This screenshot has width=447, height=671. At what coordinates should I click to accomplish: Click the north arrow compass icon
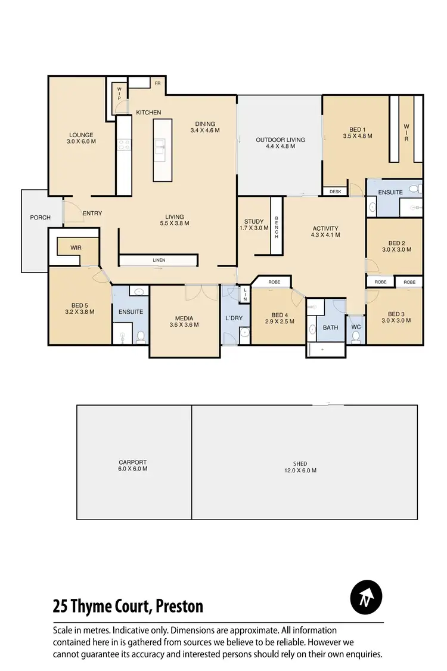367,596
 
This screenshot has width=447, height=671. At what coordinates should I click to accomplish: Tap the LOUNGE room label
82,135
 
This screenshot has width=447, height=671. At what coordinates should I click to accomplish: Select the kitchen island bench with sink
163,150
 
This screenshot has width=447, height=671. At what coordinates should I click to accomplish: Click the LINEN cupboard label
159,261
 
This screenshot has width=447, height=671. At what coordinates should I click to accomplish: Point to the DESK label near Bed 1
334,191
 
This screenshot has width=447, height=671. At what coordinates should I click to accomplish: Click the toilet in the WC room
356,337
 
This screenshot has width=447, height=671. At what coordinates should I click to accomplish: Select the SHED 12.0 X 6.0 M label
300,467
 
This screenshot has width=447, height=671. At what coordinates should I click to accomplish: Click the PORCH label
41,218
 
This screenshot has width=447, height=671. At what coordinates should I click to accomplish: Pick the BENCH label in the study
277,227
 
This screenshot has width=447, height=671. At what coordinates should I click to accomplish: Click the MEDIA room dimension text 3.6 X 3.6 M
184,325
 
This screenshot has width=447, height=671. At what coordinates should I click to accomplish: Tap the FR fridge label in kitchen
158,84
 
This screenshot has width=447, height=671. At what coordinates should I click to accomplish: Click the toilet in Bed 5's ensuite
141,337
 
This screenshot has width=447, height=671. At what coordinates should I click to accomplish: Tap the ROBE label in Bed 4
274,282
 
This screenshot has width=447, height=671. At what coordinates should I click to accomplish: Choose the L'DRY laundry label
234,318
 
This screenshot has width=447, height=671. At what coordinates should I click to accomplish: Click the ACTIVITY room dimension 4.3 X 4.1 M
325,235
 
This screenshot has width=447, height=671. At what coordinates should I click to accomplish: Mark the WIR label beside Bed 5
76,246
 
